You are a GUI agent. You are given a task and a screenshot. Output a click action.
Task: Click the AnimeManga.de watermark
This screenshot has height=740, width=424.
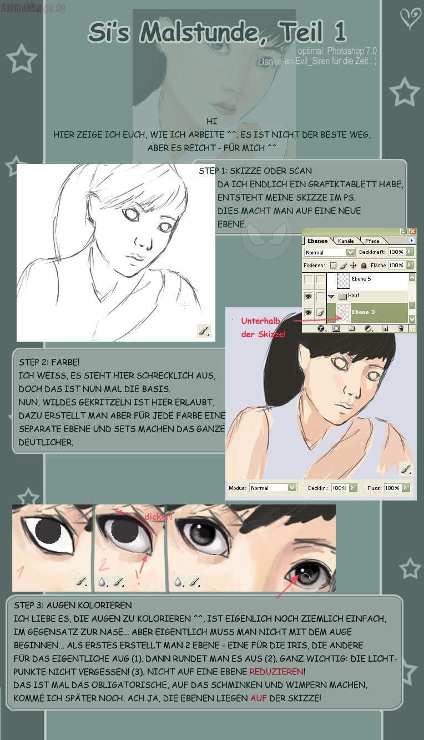(x=33, y=8)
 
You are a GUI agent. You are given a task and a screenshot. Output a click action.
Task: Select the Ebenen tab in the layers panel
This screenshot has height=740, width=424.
(x=317, y=241)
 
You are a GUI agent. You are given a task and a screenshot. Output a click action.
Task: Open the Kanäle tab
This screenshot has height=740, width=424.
(x=346, y=241)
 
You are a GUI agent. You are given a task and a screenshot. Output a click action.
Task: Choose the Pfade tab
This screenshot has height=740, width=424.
(x=372, y=241)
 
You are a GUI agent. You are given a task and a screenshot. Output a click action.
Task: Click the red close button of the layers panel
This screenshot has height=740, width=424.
(x=412, y=232)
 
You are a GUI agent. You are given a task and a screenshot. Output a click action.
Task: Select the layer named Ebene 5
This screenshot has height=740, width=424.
(x=361, y=279)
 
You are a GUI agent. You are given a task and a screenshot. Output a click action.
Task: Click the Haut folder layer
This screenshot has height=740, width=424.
(x=354, y=296)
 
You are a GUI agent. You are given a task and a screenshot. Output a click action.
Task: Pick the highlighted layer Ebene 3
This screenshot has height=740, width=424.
(x=364, y=312)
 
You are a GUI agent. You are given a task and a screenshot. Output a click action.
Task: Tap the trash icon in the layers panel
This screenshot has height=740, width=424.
(x=401, y=328)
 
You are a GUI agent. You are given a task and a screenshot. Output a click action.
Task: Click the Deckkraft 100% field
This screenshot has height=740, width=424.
(x=396, y=252)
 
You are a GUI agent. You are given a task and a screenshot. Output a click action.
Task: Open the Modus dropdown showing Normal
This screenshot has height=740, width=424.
(x=273, y=488)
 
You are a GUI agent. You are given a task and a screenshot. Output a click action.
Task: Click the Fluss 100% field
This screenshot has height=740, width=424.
(x=392, y=488)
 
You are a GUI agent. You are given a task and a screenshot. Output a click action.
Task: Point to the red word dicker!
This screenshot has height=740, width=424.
(x=158, y=517)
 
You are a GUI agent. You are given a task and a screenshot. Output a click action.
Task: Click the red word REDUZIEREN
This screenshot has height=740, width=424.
(x=277, y=672)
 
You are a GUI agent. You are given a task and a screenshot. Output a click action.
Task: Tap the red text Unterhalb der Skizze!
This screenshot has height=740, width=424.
(x=263, y=327)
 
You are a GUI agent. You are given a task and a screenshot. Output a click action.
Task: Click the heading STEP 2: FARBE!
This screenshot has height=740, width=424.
(x=49, y=362)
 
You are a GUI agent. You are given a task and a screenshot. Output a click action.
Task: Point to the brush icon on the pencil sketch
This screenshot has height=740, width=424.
(x=204, y=330)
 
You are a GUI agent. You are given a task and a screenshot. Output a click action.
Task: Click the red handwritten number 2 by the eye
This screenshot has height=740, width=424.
(x=103, y=564)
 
